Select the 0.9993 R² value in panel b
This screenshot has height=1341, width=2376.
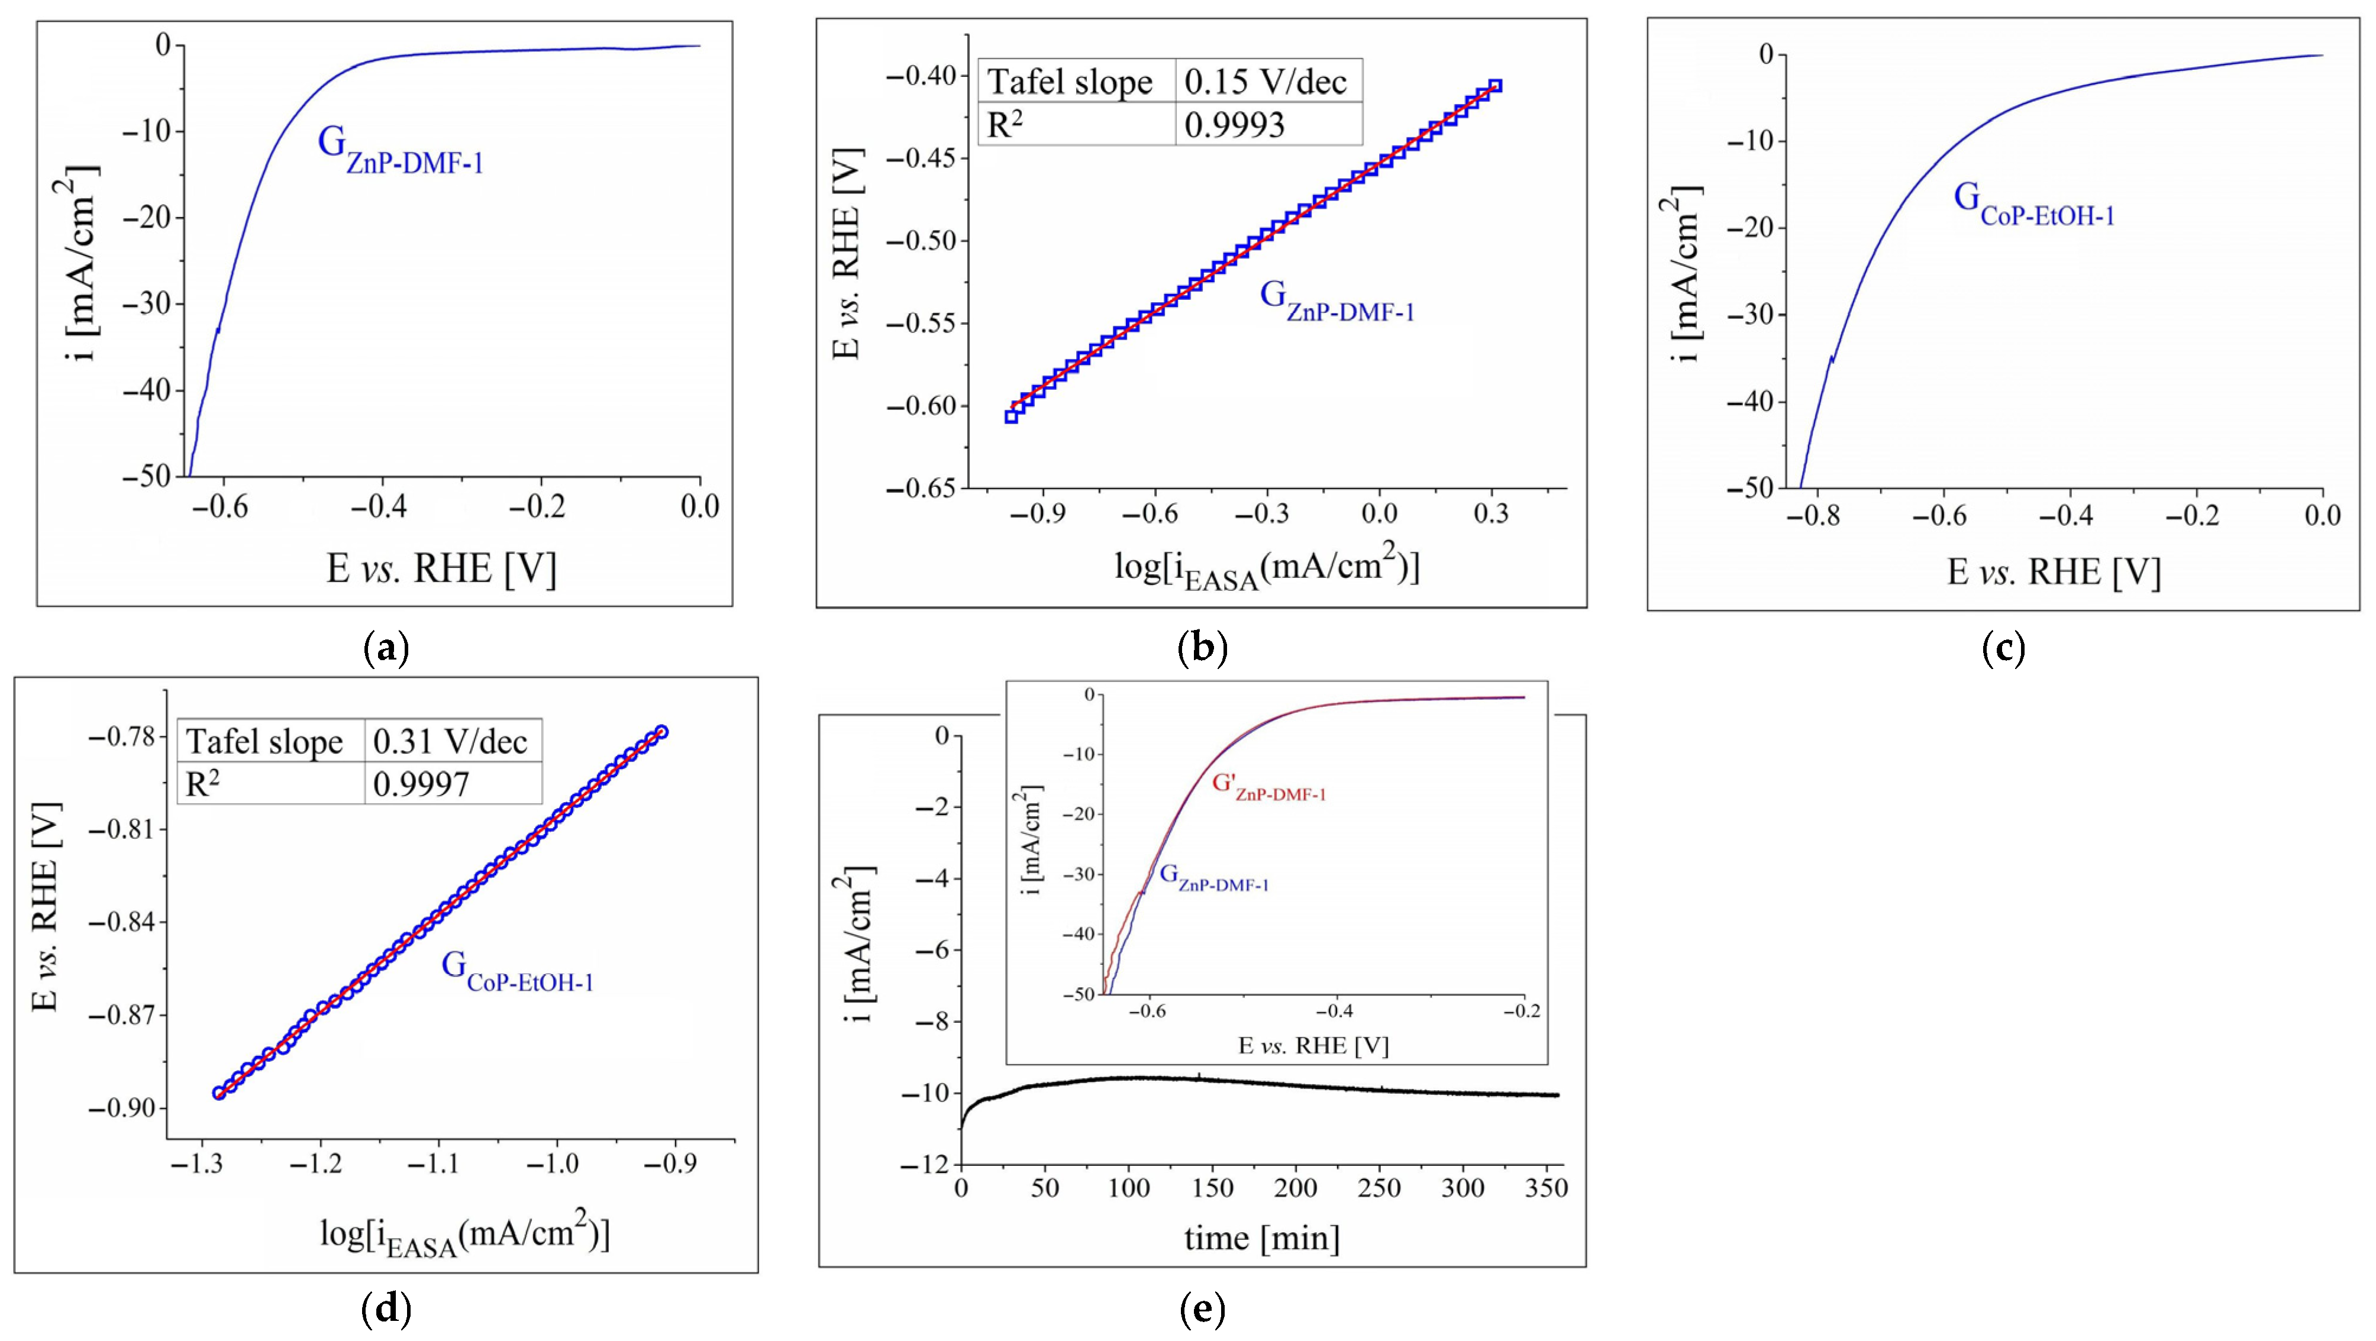point(1234,124)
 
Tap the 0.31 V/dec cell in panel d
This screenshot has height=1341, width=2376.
point(450,742)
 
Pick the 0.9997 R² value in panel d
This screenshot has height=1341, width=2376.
point(421,784)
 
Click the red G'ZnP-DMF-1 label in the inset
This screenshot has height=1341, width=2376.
point(1268,787)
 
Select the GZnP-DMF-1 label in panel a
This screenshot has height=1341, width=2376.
point(401,151)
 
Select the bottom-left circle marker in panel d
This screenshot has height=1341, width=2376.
point(219,1093)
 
